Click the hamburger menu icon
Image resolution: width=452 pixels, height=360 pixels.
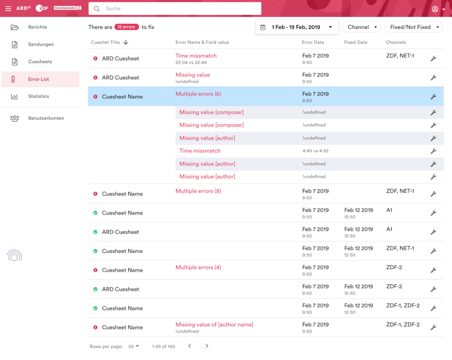pyautogui.click(x=8, y=9)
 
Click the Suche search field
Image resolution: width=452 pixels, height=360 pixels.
pyautogui.click(x=175, y=9)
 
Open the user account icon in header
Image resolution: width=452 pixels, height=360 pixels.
pyautogui.click(x=435, y=9)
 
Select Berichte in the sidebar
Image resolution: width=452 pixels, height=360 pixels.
pyautogui.click(x=38, y=27)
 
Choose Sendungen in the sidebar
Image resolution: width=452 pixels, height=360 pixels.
pyautogui.click(x=41, y=44)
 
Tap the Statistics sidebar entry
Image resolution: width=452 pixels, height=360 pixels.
pyautogui.click(x=38, y=97)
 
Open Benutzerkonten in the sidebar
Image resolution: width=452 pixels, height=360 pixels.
pyautogui.click(x=46, y=118)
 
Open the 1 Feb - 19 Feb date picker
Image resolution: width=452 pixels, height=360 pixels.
pyautogui.click(x=297, y=27)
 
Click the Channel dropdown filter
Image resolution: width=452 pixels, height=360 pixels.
pyautogui.click(x=361, y=27)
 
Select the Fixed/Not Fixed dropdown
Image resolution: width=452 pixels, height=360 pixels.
pyautogui.click(x=414, y=27)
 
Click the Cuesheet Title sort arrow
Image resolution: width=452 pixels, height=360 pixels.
pyautogui.click(x=126, y=43)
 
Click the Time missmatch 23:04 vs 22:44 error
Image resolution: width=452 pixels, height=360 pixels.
pyautogui.click(x=196, y=56)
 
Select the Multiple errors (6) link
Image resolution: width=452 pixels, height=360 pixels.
pyautogui.click(x=198, y=94)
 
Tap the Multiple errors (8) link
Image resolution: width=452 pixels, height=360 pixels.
pyautogui.click(x=198, y=191)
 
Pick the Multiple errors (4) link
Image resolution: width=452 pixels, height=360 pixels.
pyautogui.click(x=198, y=267)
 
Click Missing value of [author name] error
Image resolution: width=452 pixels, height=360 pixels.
pyautogui.click(x=214, y=325)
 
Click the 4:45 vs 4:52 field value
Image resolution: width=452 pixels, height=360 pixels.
pyautogui.click(x=315, y=151)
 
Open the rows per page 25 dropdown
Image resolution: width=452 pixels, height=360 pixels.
pyautogui.click(x=134, y=346)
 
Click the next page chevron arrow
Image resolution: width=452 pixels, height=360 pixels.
pyautogui.click(x=207, y=346)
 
